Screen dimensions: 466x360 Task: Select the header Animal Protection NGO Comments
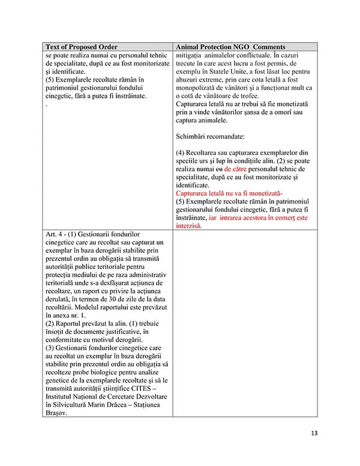click(230, 47)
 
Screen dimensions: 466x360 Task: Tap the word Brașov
click(56, 414)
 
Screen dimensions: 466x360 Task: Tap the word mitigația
click(191, 55)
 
